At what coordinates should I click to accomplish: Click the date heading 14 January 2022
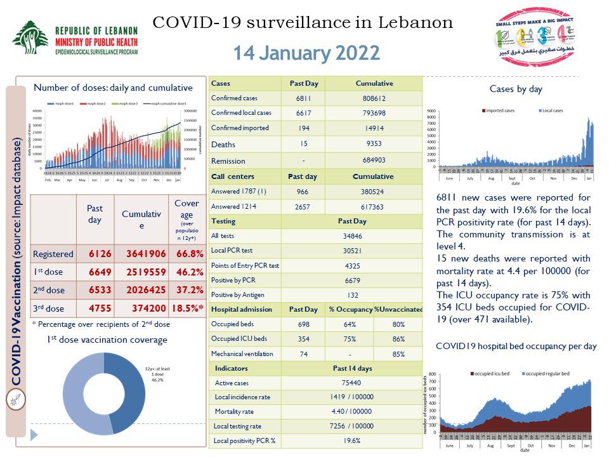tap(306, 53)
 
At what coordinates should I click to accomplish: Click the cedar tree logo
tap(30, 38)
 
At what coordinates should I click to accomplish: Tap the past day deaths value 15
tap(303, 144)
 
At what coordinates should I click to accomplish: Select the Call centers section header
tap(233, 176)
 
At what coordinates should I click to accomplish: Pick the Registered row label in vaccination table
tap(53, 254)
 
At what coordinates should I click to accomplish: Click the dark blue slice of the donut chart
tap(126, 387)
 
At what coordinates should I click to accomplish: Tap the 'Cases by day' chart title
tap(516, 89)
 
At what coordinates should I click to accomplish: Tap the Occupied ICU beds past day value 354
tap(303, 339)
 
